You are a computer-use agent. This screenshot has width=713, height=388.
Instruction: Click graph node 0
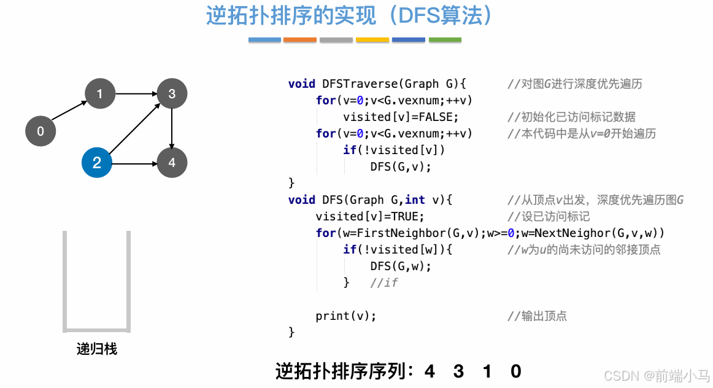40,131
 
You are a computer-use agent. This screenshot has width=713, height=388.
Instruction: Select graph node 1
99,94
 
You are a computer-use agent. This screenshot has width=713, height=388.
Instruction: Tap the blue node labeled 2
97,163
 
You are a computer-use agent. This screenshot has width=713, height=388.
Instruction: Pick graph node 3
172,94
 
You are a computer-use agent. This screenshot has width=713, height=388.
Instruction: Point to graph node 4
172,163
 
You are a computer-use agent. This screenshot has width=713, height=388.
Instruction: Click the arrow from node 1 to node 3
136,94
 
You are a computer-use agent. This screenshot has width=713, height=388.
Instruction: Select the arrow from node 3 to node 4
172,128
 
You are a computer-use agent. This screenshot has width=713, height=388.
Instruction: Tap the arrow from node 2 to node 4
134,163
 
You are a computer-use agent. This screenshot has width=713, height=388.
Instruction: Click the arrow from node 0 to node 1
70,112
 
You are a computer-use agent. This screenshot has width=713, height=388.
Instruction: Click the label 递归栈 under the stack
97,349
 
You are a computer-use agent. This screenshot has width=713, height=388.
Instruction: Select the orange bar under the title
300,40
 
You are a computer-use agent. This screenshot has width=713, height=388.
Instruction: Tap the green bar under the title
445,40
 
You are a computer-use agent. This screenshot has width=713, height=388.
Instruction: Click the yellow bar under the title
372,40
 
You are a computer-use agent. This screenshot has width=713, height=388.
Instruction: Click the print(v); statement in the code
345,316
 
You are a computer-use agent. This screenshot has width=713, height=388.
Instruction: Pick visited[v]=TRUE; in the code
370,216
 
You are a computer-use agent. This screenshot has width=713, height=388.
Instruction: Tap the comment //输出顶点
537,316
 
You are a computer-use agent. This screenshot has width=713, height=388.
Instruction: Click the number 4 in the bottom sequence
430,371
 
